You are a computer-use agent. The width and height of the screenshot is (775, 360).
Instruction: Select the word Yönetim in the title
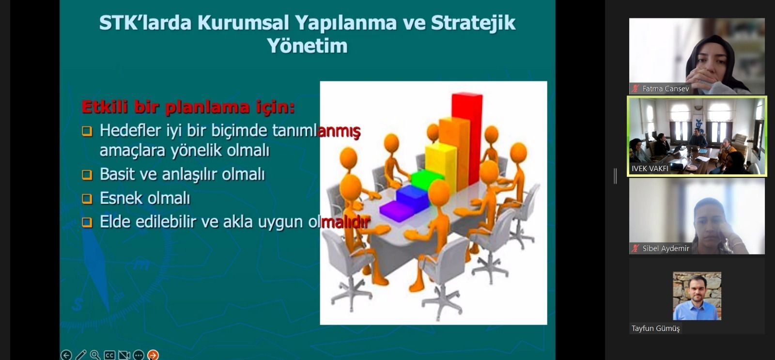click(307, 46)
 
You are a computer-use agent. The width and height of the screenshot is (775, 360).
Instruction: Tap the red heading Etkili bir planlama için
click(188, 107)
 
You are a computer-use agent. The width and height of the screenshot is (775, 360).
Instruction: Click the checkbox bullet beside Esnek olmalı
click(87, 199)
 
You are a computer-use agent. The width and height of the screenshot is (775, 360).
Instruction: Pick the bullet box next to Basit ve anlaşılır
click(87, 174)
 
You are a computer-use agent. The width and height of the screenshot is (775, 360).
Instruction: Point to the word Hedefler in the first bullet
click(130, 131)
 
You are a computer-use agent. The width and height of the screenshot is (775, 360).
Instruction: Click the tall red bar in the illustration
click(467, 139)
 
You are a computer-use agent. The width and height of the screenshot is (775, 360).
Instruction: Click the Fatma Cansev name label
click(666, 89)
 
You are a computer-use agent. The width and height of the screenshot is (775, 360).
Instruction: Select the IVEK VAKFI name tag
click(650, 169)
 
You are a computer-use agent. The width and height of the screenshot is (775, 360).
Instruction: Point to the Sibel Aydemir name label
click(666, 248)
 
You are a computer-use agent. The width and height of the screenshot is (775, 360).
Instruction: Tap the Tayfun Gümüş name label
click(656, 328)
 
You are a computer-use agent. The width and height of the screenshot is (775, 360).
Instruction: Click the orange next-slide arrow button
click(153, 355)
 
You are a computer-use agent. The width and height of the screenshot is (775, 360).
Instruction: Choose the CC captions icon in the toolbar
click(109, 355)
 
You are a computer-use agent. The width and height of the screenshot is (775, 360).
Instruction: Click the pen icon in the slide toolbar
click(80, 355)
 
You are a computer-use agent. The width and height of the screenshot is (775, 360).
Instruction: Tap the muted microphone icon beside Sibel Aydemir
click(635, 248)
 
